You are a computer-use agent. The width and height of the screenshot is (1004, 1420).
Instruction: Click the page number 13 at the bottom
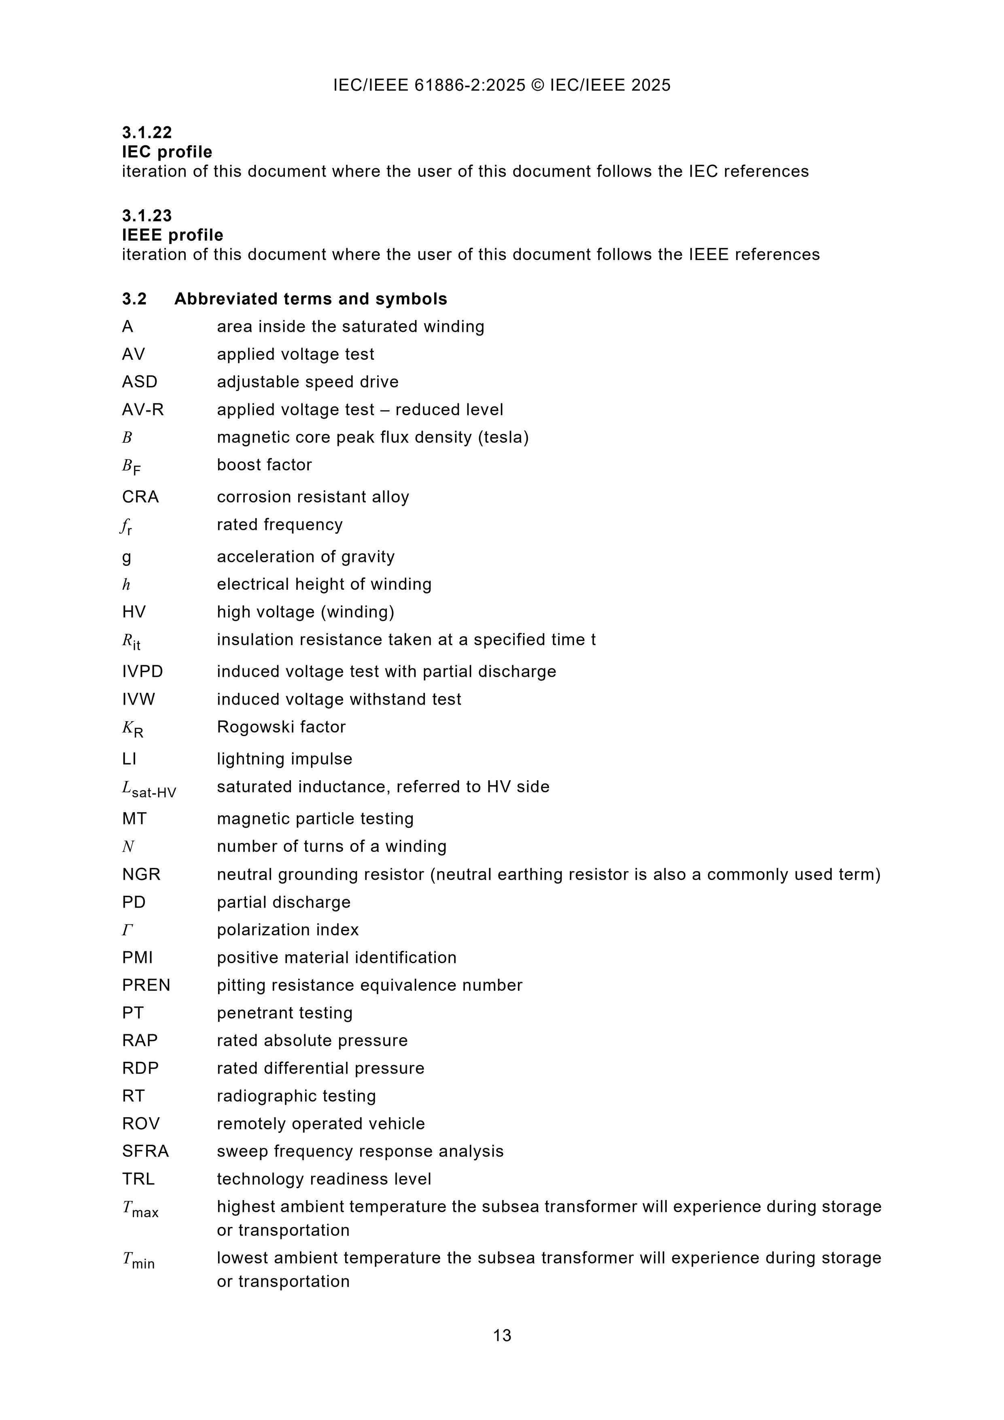(502, 1335)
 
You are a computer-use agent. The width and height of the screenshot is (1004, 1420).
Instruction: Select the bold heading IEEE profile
(172, 235)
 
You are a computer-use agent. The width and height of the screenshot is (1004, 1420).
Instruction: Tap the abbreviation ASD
(140, 382)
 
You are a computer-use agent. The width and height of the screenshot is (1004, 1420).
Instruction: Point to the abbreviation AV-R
(143, 410)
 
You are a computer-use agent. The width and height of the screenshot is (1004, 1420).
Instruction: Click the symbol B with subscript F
(131, 467)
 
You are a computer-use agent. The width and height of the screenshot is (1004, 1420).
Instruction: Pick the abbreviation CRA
(140, 497)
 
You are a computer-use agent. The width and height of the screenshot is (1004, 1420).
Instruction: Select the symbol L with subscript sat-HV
(149, 789)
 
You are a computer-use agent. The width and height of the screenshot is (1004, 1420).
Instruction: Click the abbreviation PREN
(146, 985)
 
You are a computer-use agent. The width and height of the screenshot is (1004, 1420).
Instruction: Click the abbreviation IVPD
(142, 672)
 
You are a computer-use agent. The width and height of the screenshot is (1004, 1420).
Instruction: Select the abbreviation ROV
(140, 1124)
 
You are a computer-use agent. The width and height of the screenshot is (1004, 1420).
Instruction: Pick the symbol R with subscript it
(131, 642)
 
